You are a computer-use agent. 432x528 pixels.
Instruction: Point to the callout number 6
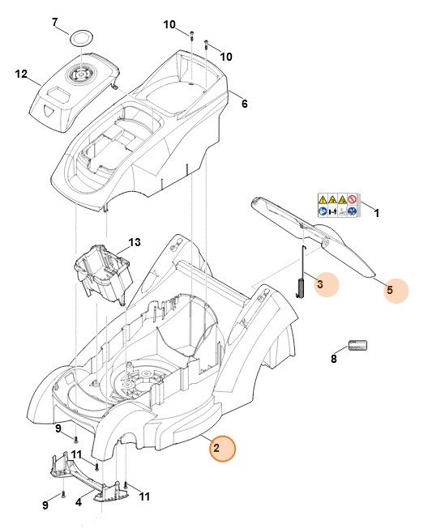245,103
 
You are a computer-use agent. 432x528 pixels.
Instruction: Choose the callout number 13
135,242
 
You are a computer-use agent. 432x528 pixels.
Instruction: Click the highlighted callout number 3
320,284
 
